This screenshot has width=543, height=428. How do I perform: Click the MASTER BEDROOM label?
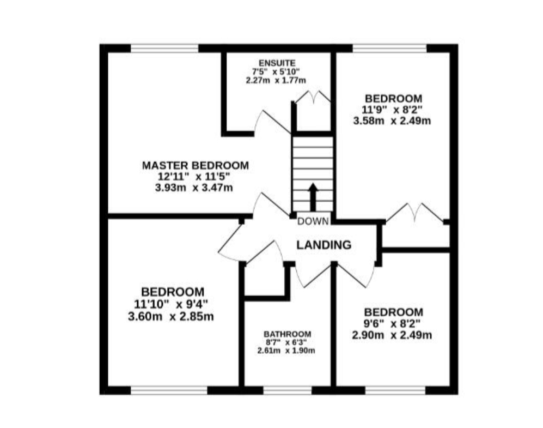(x=196, y=165)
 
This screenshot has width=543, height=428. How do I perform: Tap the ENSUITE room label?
(x=277, y=63)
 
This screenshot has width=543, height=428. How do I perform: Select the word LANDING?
(x=324, y=245)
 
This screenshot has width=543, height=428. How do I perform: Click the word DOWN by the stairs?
(x=313, y=221)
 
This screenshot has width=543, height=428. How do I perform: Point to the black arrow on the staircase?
(x=313, y=197)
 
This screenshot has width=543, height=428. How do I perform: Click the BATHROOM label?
(x=288, y=334)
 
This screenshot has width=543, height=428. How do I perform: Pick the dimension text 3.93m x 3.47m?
(x=194, y=188)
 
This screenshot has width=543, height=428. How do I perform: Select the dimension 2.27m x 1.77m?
(x=276, y=80)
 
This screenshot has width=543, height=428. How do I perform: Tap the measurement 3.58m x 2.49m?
(x=392, y=121)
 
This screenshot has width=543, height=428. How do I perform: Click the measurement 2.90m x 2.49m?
(x=392, y=335)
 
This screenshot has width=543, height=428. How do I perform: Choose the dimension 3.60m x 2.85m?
(x=170, y=316)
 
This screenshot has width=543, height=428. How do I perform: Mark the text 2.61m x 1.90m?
(x=286, y=351)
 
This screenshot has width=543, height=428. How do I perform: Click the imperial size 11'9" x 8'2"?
(x=392, y=110)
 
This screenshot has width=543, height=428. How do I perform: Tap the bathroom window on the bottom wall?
(x=288, y=390)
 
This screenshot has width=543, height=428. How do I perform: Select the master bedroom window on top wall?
(x=165, y=48)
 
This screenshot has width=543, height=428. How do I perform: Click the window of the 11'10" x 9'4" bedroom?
(x=169, y=390)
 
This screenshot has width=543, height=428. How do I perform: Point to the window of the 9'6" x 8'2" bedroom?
(x=395, y=390)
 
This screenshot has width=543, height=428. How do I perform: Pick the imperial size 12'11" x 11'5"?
(x=194, y=177)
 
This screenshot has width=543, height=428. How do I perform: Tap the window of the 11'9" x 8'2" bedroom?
(x=389, y=48)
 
